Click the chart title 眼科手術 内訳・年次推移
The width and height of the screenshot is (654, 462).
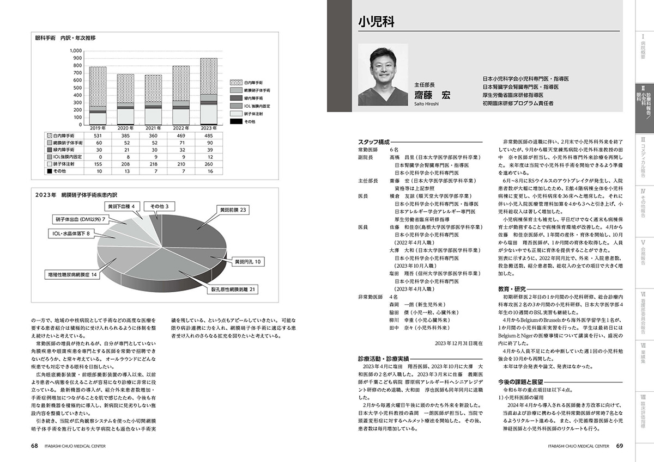coord(65,38)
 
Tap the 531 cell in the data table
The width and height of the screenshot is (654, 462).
coord(98,135)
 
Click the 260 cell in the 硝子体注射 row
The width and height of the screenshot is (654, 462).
coord(209,163)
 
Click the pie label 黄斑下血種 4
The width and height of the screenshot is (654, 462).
coord(124,206)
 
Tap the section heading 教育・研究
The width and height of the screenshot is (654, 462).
coord(512,288)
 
